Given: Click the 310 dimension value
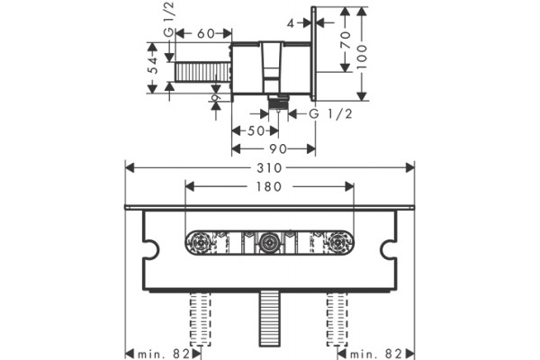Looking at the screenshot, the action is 269,168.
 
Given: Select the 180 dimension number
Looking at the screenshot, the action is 269,186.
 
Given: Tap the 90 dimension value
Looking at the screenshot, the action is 277,148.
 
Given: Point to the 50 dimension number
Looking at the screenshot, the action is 256,130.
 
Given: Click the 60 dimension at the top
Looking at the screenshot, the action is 206,33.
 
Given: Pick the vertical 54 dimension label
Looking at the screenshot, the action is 154,65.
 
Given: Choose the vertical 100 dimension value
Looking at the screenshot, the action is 362,56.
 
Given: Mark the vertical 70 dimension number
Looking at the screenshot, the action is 346,40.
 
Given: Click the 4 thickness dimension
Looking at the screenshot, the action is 291,23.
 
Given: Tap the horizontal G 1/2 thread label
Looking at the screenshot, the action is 330,113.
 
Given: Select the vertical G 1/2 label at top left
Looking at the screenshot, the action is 169,19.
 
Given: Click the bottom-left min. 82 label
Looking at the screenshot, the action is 164,354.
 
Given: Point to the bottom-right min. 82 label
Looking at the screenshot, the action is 375,354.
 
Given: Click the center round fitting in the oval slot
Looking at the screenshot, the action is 267,243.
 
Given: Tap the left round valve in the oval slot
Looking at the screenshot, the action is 201,243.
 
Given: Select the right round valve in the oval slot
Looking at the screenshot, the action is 337,243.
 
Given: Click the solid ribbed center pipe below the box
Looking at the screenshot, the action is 269,318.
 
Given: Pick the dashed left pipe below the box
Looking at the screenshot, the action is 201,319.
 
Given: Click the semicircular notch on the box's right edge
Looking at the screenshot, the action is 388,248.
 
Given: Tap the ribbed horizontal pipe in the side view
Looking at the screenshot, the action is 202,72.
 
